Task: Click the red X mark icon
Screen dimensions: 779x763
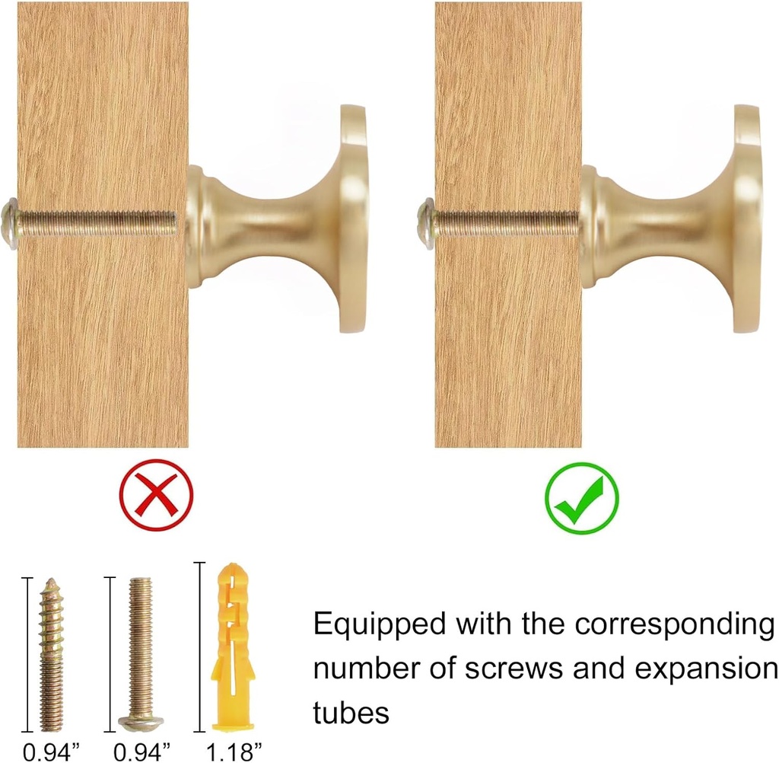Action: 156,496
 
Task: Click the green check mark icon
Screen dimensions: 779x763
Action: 582,499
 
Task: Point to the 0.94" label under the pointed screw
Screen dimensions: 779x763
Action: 51,752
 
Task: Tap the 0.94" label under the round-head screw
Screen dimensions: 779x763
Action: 142,752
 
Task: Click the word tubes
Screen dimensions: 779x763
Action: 351,712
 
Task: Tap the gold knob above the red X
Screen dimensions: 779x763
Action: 278,219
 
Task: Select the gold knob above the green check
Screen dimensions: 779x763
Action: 671,219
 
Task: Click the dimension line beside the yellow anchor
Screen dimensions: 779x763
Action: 199,646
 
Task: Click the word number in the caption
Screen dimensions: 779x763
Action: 366,669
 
